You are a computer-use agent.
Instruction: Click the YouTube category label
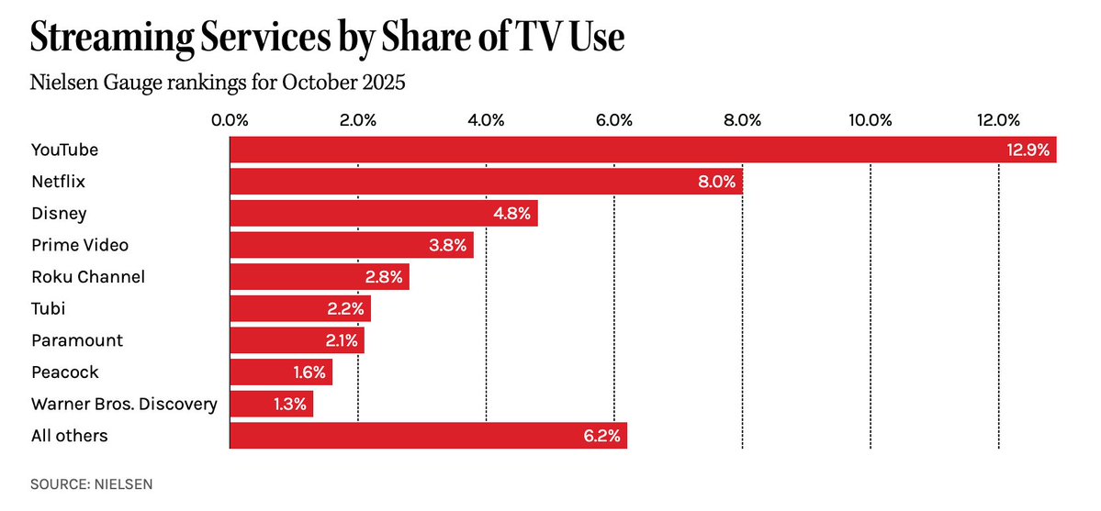pos(64,150)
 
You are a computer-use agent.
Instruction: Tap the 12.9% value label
pos(1028,150)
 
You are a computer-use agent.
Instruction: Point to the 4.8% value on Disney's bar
pos(511,214)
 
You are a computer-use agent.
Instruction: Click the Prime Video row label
pos(80,245)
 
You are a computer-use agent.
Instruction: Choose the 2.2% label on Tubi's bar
pos(346,309)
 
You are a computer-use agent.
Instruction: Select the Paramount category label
pos(77,340)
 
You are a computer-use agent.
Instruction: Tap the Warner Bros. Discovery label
pos(124,404)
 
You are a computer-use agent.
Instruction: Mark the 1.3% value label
pos(291,405)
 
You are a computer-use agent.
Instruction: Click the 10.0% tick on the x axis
pos(870,119)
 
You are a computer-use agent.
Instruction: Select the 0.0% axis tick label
pos(230,119)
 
